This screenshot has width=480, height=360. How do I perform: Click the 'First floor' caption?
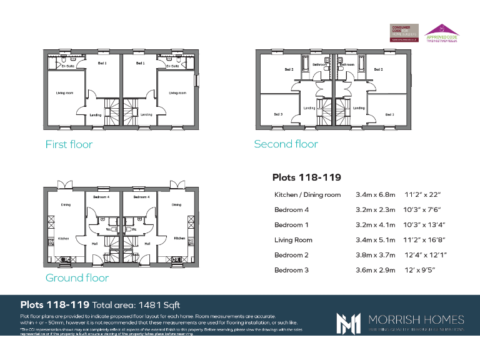[69, 144]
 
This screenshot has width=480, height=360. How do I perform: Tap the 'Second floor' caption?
[286, 144]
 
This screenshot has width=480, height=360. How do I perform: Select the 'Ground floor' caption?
[77, 278]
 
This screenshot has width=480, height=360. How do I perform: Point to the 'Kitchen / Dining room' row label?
[307, 195]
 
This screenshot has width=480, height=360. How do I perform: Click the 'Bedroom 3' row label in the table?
[291, 270]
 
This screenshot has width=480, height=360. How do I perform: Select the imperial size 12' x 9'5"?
[420, 270]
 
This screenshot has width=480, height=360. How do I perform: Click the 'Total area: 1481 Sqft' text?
[136, 305]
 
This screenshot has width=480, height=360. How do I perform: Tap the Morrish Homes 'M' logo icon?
[348, 322]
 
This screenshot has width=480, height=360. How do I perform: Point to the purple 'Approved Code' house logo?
[442, 32]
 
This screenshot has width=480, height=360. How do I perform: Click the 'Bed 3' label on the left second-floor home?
[278, 114]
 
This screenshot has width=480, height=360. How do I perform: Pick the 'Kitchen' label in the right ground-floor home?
[179, 238]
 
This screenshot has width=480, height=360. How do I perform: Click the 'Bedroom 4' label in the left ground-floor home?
[101, 197]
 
